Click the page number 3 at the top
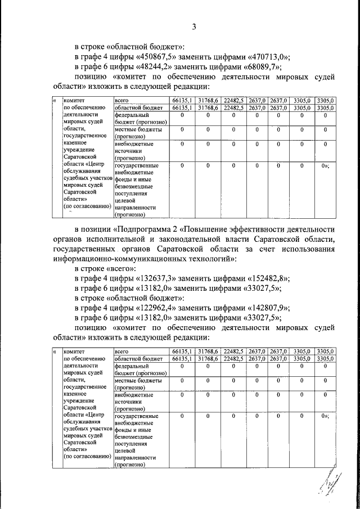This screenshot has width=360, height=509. click(194, 26)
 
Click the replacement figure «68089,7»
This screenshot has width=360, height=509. click(262, 67)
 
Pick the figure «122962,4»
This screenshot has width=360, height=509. click(156, 308)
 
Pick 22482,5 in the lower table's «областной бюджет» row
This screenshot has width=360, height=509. click(232, 358)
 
